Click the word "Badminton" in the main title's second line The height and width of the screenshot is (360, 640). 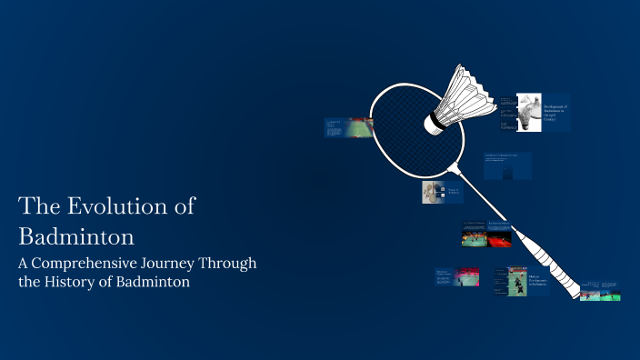point(76,236)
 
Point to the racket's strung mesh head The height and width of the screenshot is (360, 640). point(414,127)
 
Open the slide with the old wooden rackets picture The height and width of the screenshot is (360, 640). point(433,192)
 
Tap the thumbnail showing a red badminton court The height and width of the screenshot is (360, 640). point(499,236)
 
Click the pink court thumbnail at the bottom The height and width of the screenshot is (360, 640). point(466,276)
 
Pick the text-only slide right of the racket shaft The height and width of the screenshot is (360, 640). point(507,165)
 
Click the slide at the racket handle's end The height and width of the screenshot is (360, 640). point(600,291)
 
